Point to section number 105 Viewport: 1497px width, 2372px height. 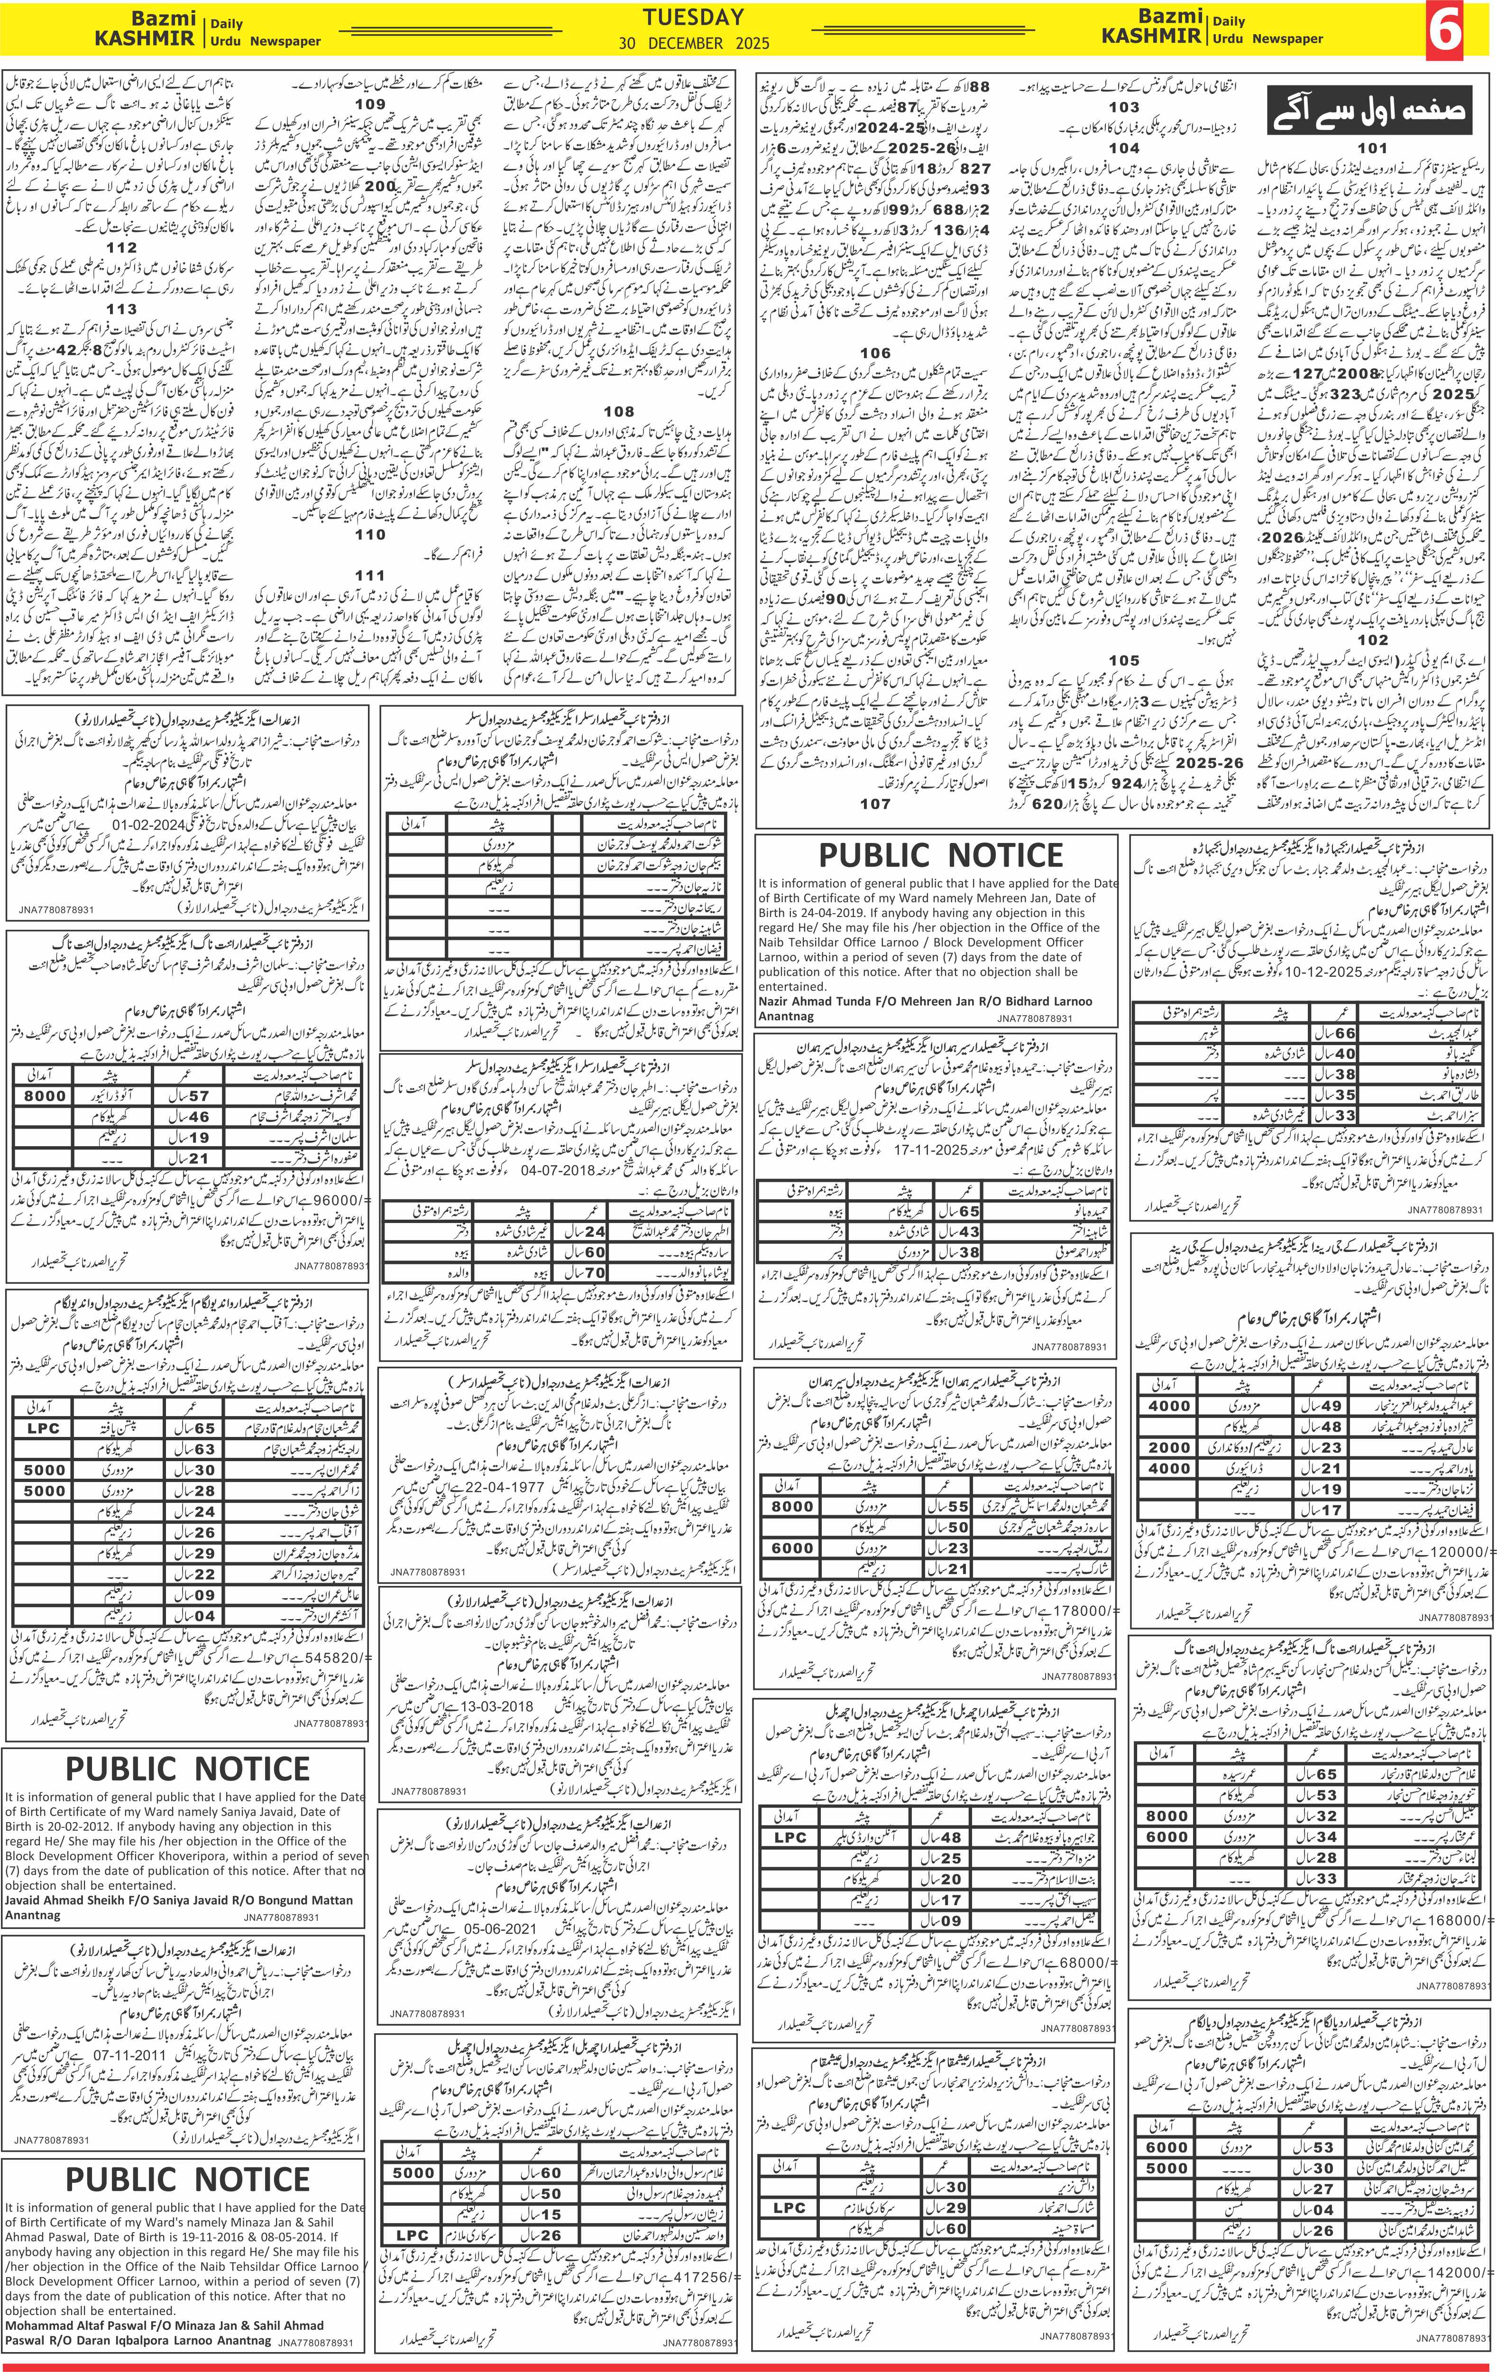(1124, 661)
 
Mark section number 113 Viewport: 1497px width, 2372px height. (122, 309)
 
